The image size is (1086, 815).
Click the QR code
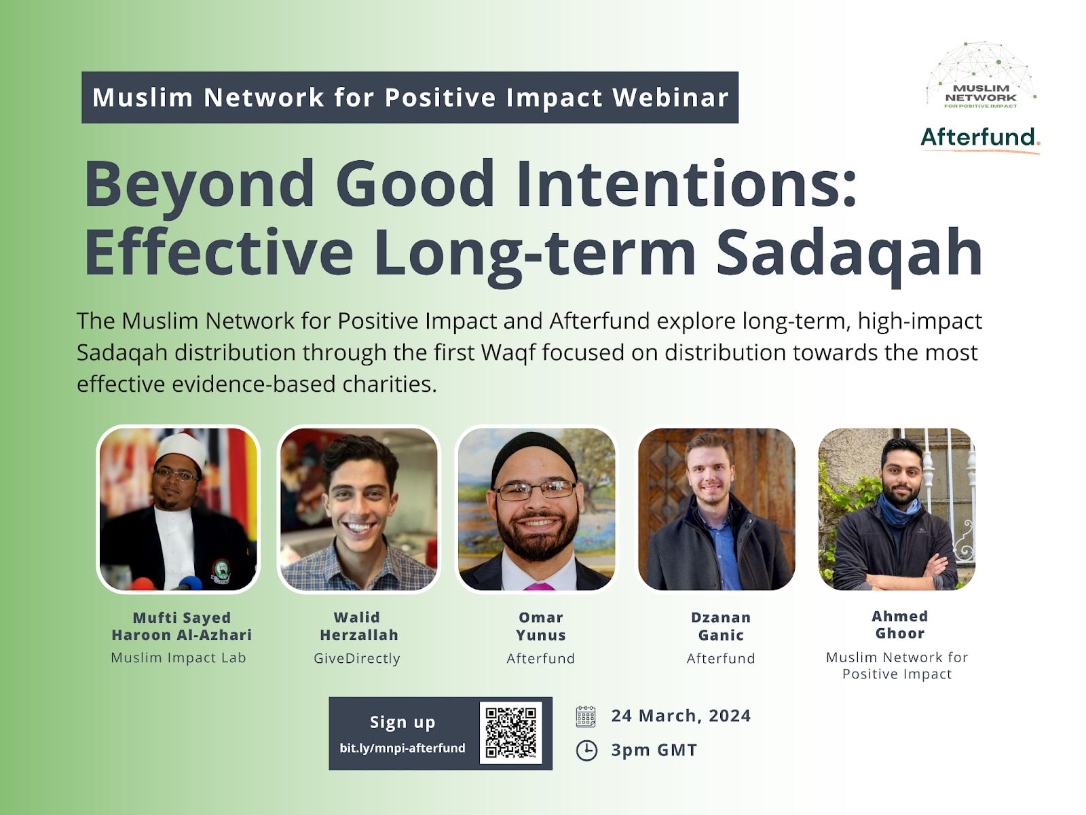coord(510,733)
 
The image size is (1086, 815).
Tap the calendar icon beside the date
coord(586,716)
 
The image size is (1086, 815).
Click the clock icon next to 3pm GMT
coord(586,750)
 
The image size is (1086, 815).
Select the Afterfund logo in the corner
coord(980,139)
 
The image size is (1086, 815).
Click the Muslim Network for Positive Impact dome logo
coord(981,75)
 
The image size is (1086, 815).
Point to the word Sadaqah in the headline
coord(850,253)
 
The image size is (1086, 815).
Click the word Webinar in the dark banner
coord(671,98)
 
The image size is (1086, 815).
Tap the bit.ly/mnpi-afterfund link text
coord(402,748)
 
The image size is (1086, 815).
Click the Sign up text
coord(402,723)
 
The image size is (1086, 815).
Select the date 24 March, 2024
coord(681,716)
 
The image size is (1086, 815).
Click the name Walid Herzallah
coord(358,626)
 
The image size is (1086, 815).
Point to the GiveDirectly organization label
coord(357,659)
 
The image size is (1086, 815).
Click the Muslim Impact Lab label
coord(178,657)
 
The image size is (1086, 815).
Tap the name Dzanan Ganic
coord(721,626)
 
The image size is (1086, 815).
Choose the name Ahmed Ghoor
coord(900,624)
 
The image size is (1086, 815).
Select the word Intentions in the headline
coord(687,184)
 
